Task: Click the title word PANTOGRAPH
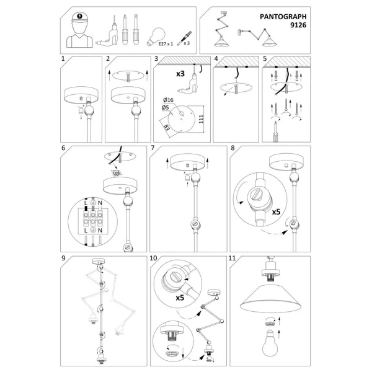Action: pyautogui.click(x=283, y=17)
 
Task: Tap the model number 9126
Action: pyautogui.click(x=298, y=25)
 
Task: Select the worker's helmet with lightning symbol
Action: pyautogui.click(x=79, y=17)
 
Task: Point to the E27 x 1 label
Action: pyautogui.click(x=166, y=44)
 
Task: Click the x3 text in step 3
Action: pyautogui.click(x=180, y=74)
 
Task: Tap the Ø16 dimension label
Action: pyautogui.click(x=168, y=100)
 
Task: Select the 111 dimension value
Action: pyautogui.click(x=201, y=119)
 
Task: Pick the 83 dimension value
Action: pyautogui.click(x=167, y=127)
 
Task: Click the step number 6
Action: pyautogui.click(x=63, y=148)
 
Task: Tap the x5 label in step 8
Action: pyautogui.click(x=276, y=211)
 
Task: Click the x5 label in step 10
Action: pyautogui.click(x=180, y=298)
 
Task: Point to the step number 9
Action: pyautogui.click(x=63, y=258)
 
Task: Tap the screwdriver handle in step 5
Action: pyautogui.click(x=275, y=138)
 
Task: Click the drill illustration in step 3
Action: pyautogui.click(x=187, y=84)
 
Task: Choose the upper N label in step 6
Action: pyautogui.click(x=100, y=203)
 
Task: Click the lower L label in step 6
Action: pyautogui.click(x=86, y=231)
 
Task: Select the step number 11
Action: pyautogui.click(x=232, y=258)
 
